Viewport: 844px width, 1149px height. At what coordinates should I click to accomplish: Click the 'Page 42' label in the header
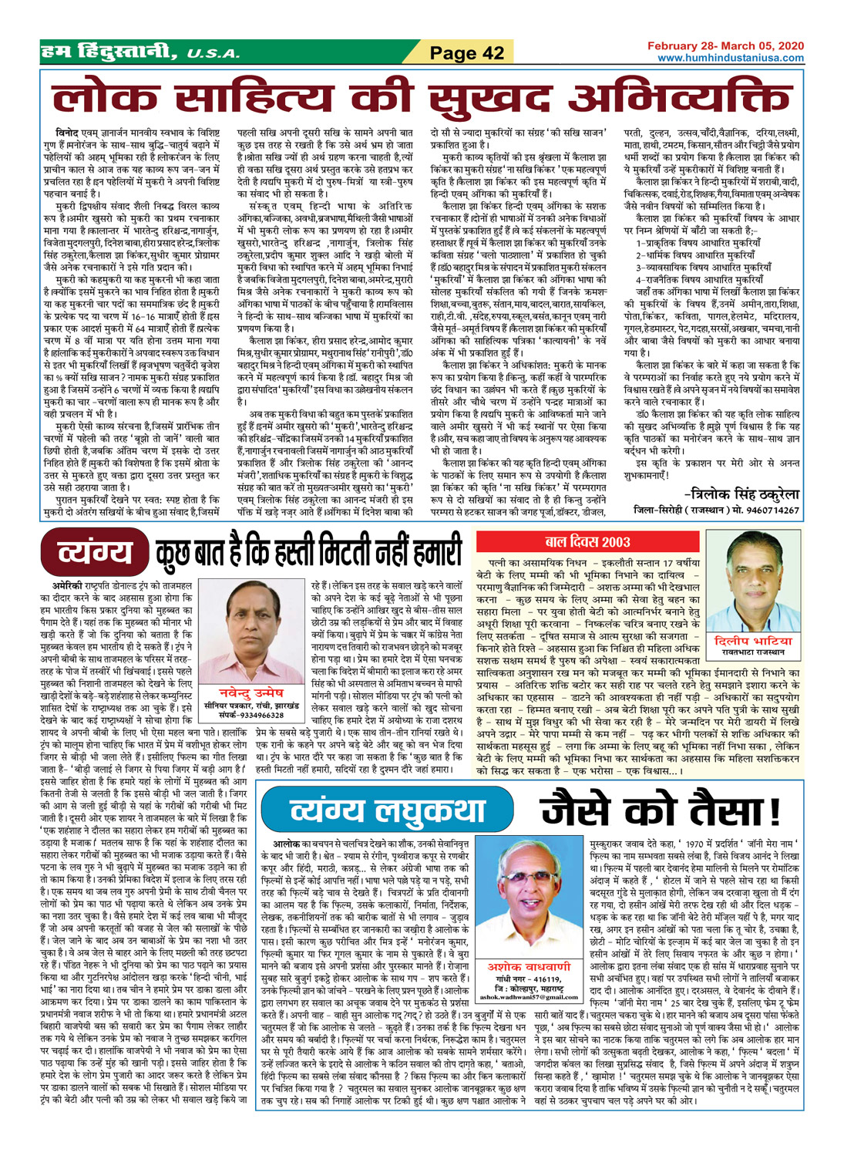(466, 53)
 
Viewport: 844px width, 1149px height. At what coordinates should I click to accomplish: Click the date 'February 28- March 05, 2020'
(725, 46)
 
